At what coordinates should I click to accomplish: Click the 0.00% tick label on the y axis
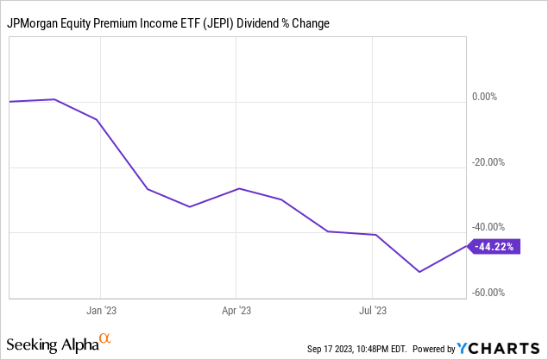pos(484,97)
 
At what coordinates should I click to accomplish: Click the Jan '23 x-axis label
pos(101,309)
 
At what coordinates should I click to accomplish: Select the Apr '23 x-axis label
pos(236,309)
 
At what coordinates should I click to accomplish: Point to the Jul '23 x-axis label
pos(371,309)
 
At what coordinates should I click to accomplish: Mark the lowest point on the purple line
pos(419,272)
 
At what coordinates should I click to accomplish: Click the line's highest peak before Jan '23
pos(54,99)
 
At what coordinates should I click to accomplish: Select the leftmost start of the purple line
pos(9,102)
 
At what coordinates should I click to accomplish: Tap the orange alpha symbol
pos(105,339)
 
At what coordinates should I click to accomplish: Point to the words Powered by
pos(434,349)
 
